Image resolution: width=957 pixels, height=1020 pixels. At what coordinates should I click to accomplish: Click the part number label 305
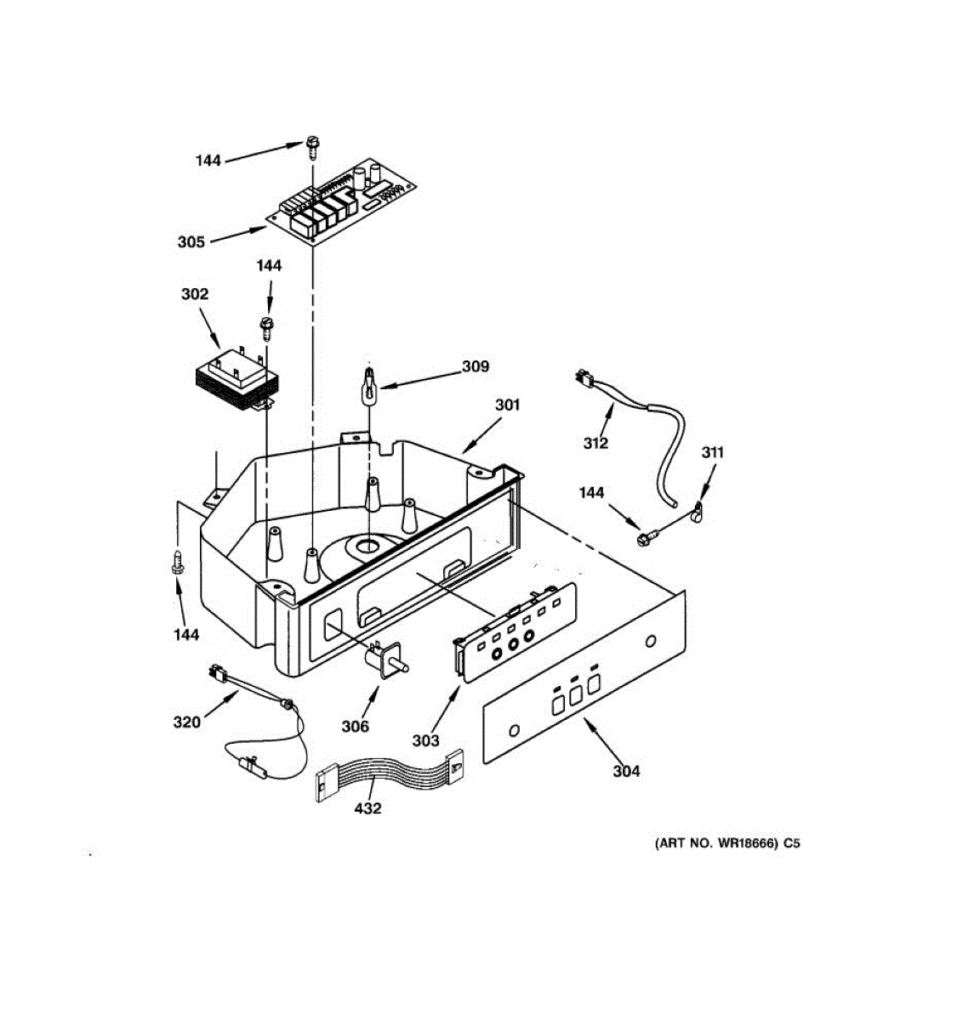pyautogui.click(x=191, y=242)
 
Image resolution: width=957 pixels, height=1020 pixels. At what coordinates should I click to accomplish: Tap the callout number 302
pyautogui.click(x=194, y=294)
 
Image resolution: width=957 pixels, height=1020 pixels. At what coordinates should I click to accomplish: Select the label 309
pyautogui.click(x=476, y=366)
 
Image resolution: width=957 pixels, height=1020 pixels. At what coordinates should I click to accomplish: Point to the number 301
pyautogui.click(x=507, y=405)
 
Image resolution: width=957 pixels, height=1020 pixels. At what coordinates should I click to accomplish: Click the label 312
pyautogui.click(x=595, y=443)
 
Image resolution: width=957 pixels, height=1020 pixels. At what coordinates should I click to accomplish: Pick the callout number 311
pyautogui.click(x=712, y=452)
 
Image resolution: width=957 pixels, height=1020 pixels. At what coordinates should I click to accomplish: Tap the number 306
pyautogui.click(x=356, y=726)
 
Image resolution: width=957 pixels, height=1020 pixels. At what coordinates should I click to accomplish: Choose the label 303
pyautogui.click(x=425, y=740)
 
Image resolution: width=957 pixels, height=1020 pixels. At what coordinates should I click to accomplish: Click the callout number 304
pyautogui.click(x=626, y=771)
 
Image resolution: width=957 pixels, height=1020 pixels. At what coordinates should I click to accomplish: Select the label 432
pyautogui.click(x=367, y=808)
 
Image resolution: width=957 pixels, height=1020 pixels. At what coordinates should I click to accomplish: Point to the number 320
pyautogui.click(x=186, y=722)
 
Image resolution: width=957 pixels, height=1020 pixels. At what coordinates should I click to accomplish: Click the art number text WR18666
pyautogui.click(x=727, y=844)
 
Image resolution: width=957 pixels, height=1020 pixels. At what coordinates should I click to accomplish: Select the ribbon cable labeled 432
pyautogui.click(x=387, y=773)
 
